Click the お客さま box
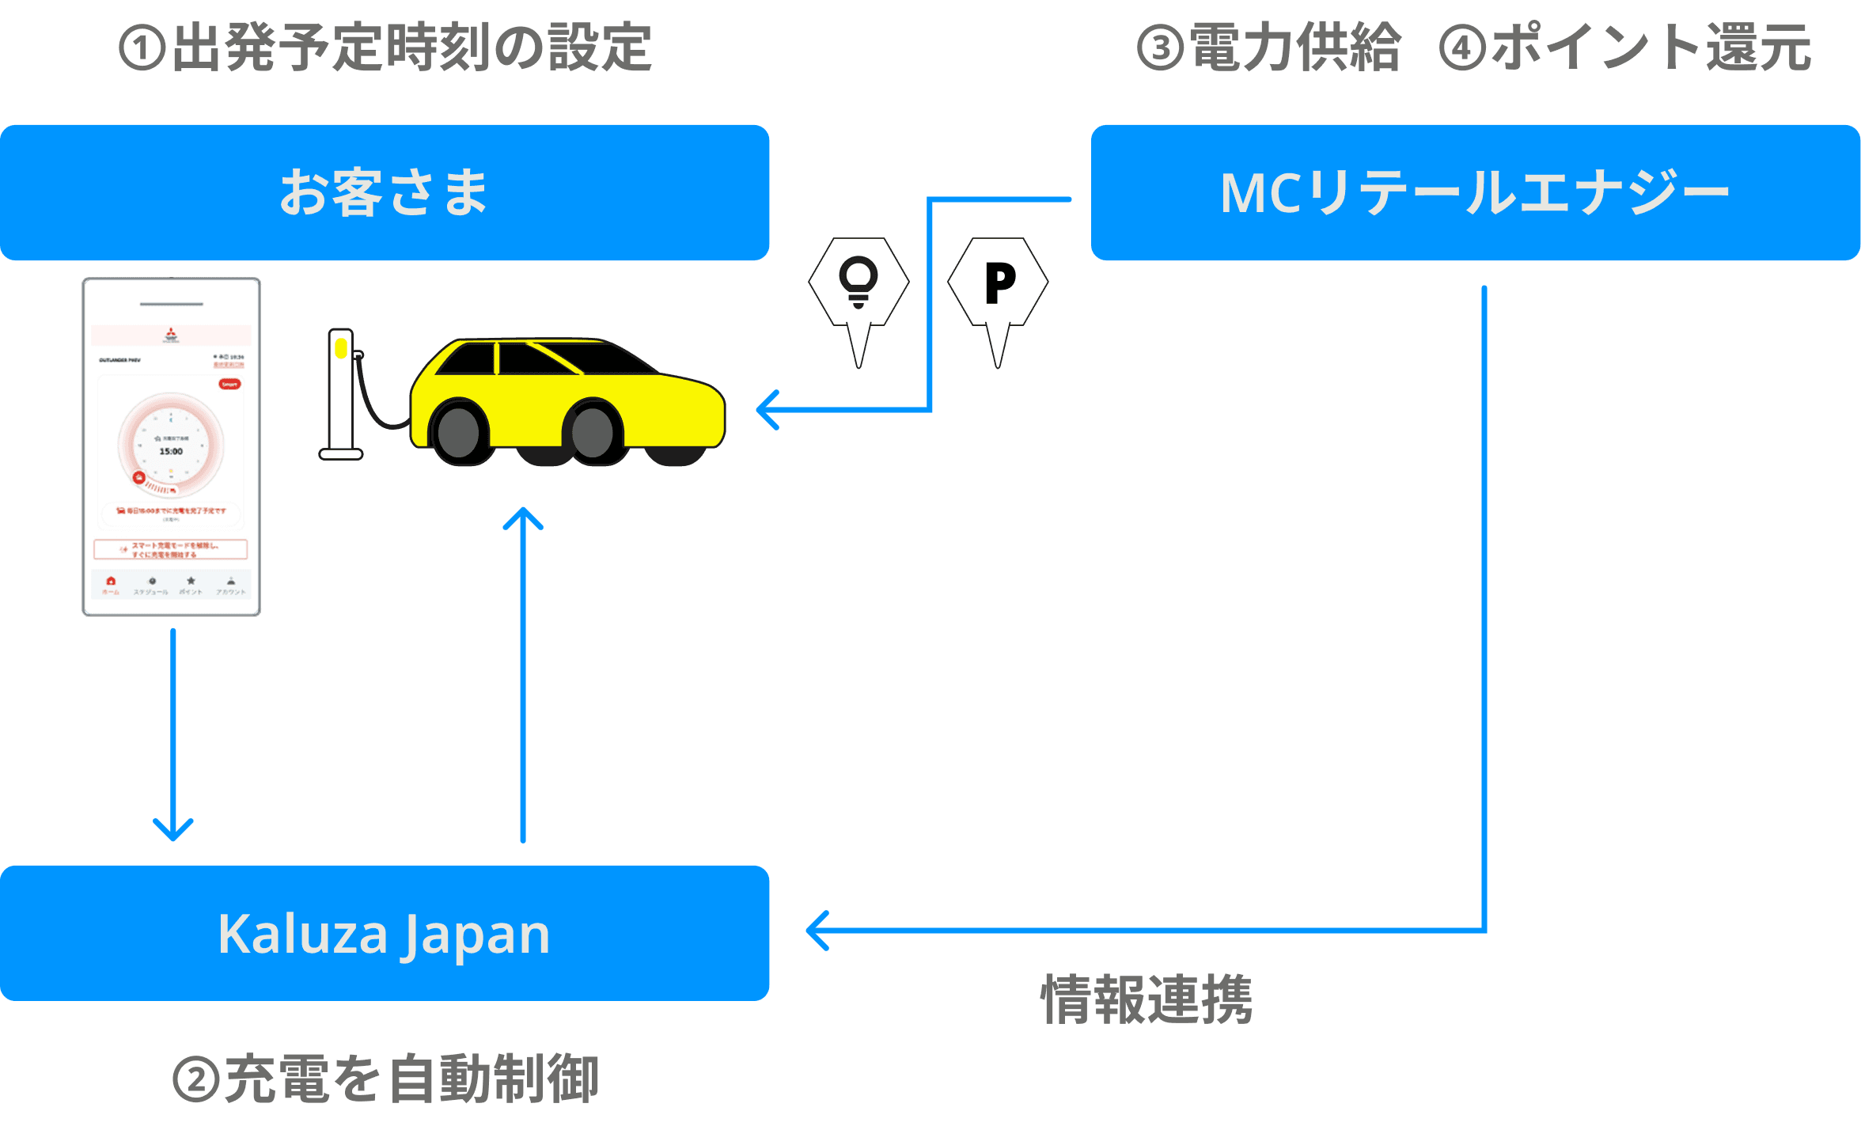tap(385, 192)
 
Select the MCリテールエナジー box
tap(1475, 192)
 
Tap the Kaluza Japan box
tap(385, 933)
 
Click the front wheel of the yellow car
tap(593, 432)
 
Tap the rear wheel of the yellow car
tap(459, 432)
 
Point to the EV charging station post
tap(341, 392)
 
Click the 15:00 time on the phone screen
tap(171, 451)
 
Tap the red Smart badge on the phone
tap(229, 384)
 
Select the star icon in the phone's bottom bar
tap(191, 582)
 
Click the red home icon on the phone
tap(111, 582)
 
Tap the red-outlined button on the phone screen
tap(170, 549)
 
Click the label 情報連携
tap(1147, 999)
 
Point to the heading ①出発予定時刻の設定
tap(385, 47)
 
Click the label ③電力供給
tap(1268, 47)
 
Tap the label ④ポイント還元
tap(1624, 47)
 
